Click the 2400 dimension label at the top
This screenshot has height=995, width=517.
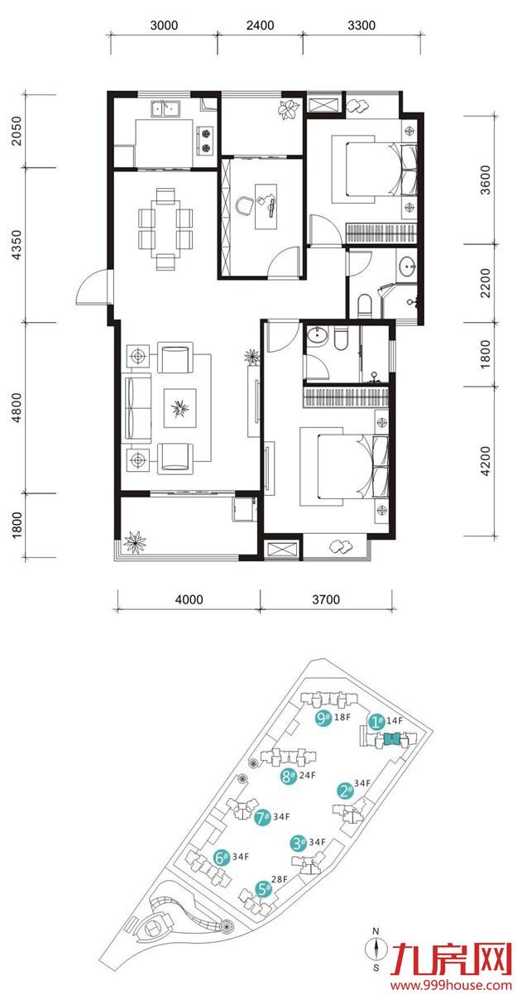(x=260, y=26)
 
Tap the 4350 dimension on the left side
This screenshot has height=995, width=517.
(x=17, y=245)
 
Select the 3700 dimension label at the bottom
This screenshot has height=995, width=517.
(x=326, y=599)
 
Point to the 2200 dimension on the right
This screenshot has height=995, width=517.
(x=486, y=283)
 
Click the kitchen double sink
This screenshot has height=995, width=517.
(x=165, y=108)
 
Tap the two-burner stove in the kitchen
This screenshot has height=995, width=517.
(x=205, y=141)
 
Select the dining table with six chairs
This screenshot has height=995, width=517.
(x=165, y=229)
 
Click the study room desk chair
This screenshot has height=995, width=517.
(x=244, y=206)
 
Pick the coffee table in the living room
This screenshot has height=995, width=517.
(x=180, y=408)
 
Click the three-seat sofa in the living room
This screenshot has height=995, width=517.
(x=137, y=407)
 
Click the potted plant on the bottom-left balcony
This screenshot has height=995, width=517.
(x=135, y=542)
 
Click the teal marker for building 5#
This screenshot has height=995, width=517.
(x=263, y=889)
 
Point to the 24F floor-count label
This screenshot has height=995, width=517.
(x=307, y=775)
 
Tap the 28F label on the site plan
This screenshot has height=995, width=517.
(x=279, y=879)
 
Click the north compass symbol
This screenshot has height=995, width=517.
(x=376, y=949)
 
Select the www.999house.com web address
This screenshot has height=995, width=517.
(x=451, y=985)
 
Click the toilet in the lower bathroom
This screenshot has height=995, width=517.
(x=342, y=339)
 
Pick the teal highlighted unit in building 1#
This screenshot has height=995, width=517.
(x=392, y=738)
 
